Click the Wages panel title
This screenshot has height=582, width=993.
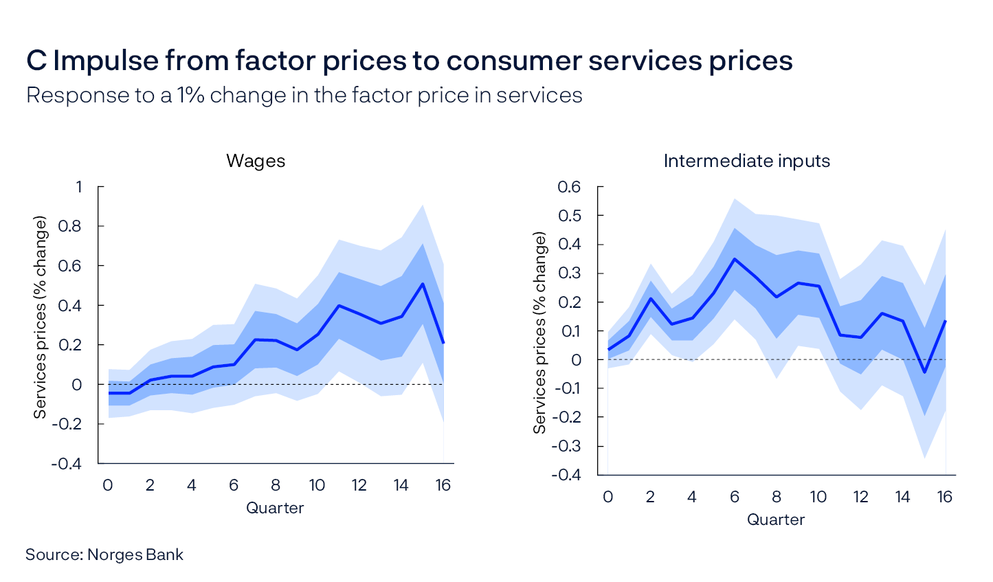pos(256,161)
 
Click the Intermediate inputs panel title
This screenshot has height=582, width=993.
pos(746,161)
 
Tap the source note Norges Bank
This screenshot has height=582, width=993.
pos(104,555)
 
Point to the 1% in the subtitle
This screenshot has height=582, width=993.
pos(190,96)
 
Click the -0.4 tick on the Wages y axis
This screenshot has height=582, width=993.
pos(67,464)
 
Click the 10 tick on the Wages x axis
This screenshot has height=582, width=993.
pos(317,486)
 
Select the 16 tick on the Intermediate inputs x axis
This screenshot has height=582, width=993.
pos(945,497)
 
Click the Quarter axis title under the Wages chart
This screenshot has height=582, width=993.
pos(275,508)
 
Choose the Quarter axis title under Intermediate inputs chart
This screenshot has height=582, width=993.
pos(776,519)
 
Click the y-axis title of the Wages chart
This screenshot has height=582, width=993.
pos(41,317)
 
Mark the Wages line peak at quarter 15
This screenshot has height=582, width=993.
pos(423,284)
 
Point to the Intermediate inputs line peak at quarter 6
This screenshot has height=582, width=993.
pos(735,259)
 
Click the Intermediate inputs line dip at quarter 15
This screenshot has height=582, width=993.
pos(924,372)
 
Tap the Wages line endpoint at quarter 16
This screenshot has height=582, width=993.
pos(443,343)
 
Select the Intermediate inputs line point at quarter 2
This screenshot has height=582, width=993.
pos(650,298)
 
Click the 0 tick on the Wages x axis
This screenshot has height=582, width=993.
pos(108,486)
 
